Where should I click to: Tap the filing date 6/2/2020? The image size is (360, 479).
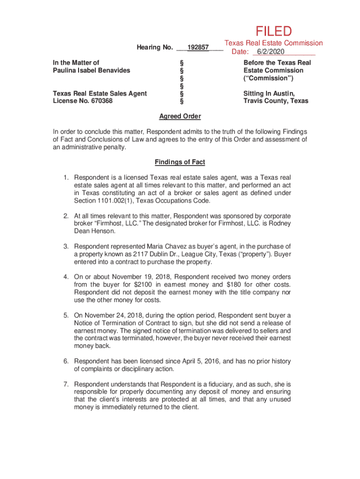tap(271, 51)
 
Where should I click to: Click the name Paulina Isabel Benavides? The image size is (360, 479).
tap(92, 70)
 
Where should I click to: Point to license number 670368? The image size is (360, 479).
tap(96, 101)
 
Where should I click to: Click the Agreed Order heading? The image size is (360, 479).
tap(180, 116)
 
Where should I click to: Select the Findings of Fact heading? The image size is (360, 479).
tap(180, 162)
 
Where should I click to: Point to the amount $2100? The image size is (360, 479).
tap(144, 285)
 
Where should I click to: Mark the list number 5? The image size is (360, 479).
tap(67, 315)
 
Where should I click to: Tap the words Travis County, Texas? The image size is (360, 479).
tap(276, 101)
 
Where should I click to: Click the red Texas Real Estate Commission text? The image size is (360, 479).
tap(274, 43)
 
